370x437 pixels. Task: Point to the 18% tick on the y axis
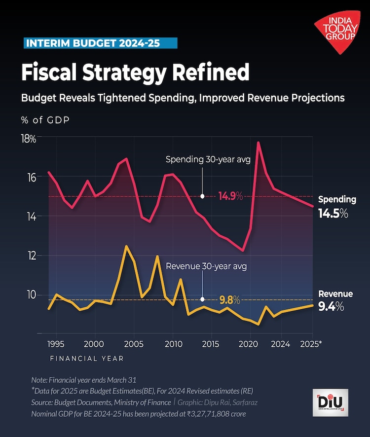click(x=29, y=139)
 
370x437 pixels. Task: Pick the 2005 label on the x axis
click(x=133, y=343)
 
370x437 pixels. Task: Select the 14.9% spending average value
click(x=230, y=196)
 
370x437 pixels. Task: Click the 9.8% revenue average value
click(x=229, y=299)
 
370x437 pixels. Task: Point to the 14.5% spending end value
click(x=333, y=214)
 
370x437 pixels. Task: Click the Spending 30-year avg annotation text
click(x=208, y=159)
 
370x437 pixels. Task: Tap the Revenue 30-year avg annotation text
click(x=206, y=266)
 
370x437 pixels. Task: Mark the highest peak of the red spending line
click(x=258, y=143)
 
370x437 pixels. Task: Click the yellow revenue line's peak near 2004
click(x=127, y=246)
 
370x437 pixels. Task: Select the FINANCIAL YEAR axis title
click(x=87, y=359)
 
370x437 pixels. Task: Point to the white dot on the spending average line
click(x=202, y=196)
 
